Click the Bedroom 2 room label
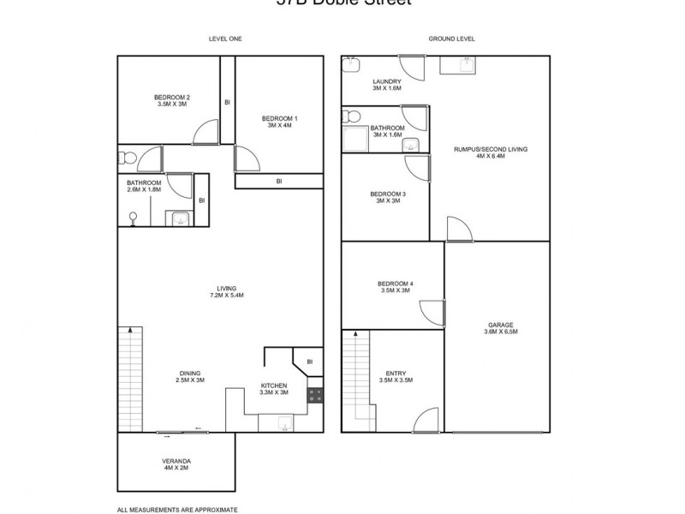pyautogui.click(x=171, y=100)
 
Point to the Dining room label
pyautogui.click(x=190, y=376)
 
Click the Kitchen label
pyautogui.click(x=274, y=389)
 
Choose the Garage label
pyautogui.click(x=501, y=328)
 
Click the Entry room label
pyautogui.click(x=396, y=376)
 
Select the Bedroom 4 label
pyautogui.click(x=394, y=287)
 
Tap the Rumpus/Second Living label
pyautogui.click(x=491, y=152)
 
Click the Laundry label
pyautogui.click(x=386, y=85)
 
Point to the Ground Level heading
pyautogui.click(x=451, y=39)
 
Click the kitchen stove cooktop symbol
pyautogui.click(x=315, y=396)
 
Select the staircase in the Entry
pyautogui.click(x=355, y=381)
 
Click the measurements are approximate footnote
pyautogui.click(x=176, y=509)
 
